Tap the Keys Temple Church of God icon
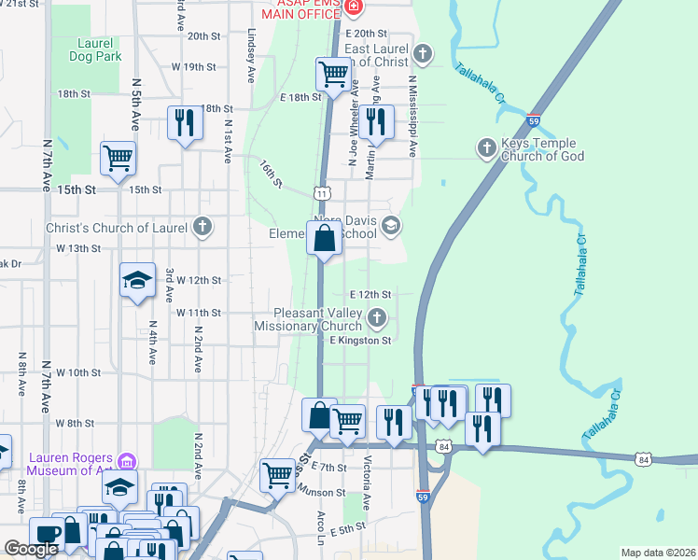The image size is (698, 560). coord(486,147)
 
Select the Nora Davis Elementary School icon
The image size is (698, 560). coord(391,224)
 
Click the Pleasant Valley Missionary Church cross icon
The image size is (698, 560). coord(377,319)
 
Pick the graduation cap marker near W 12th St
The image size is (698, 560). coord(137,278)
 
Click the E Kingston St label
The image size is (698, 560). coord(359,341)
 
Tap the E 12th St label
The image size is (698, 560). coord(369,294)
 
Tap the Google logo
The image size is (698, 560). coord(31,549)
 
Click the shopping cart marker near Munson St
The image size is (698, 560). coord(278,474)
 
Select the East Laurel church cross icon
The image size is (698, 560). coord(423,52)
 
